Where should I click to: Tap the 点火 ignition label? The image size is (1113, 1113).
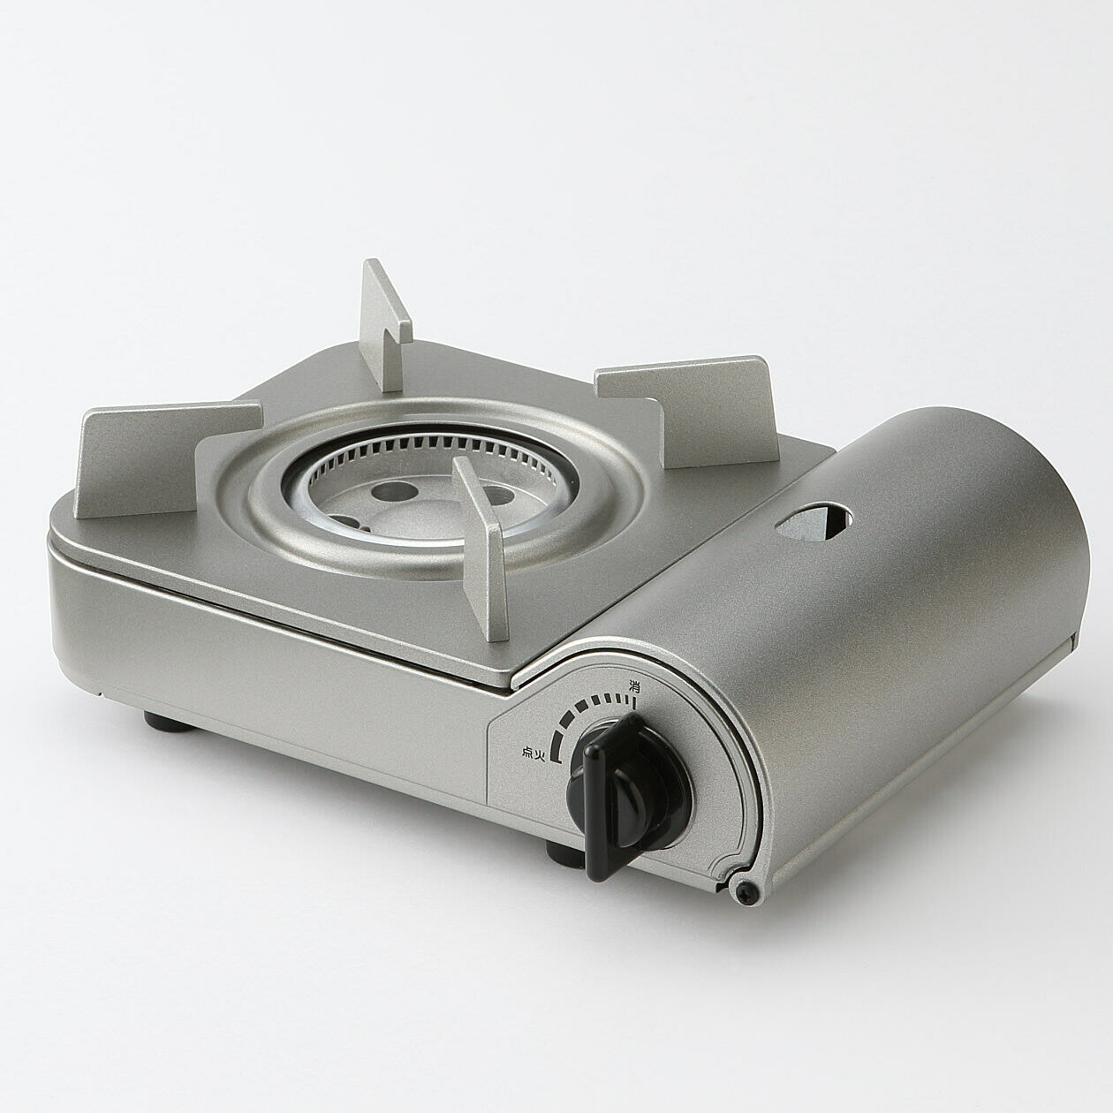coord(534,752)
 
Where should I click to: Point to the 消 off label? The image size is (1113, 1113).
coord(634,685)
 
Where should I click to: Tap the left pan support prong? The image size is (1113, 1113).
coord(168,455)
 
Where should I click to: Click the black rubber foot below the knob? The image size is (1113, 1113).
coord(561,852)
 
